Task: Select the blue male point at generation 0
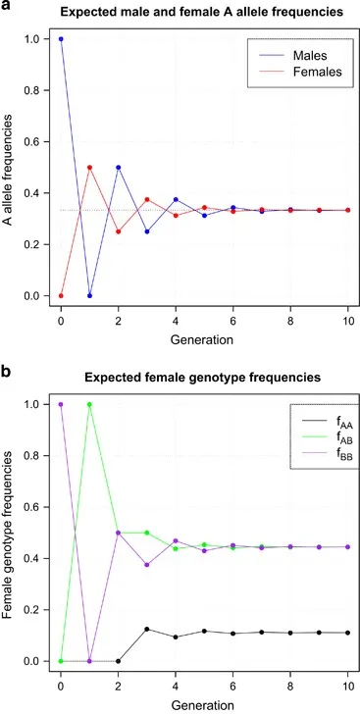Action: [x=61, y=39]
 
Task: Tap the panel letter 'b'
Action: [x=7, y=374]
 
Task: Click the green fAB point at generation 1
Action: [x=89, y=404]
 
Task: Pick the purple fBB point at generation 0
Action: [x=61, y=404]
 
